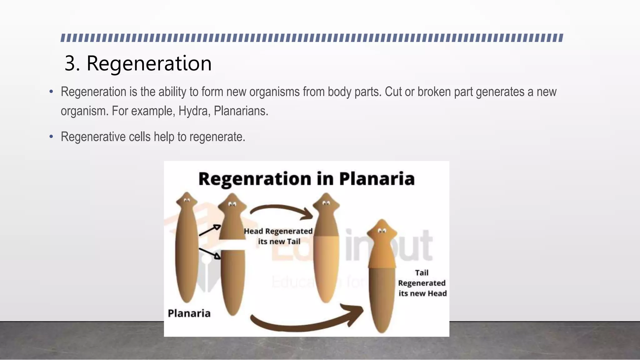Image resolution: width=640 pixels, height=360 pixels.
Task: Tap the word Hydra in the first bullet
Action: coord(193,111)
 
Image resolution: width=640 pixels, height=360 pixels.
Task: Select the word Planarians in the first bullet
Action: coord(241,111)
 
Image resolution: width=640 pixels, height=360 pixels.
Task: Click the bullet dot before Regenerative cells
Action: coord(51,137)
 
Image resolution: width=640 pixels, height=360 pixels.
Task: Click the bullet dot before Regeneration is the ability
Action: coord(51,92)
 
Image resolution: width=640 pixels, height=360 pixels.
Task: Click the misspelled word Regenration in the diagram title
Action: coord(255,179)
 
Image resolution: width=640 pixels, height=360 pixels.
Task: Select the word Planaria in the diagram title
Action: coord(377,179)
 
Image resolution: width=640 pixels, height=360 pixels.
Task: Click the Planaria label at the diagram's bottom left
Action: coord(189,313)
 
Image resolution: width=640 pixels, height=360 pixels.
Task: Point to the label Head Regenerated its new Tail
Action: coord(278,236)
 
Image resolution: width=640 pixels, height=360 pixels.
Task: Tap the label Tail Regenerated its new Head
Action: coord(422,283)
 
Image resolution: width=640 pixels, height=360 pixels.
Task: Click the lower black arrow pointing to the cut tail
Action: coord(209,253)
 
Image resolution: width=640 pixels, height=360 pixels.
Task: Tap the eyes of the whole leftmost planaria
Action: coord(187,201)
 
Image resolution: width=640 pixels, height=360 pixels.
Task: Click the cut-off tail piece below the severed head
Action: coord(232,281)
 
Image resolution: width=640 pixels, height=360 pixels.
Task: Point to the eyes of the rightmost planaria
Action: coord(382,231)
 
